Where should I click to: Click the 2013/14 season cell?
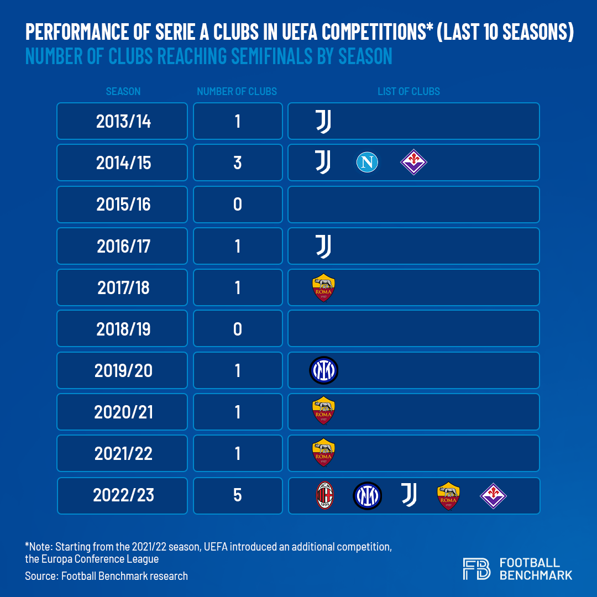pyautogui.click(x=123, y=121)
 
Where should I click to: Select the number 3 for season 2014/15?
pyautogui.click(x=238, y=163)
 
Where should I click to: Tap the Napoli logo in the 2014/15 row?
pyautogui.click(x=367, y=163)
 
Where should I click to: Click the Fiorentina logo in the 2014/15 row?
pyautogui.click(x=413, y=163)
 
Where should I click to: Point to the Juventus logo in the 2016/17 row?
pyautogui.click(x=323, y=246)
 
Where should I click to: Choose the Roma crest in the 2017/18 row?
pyautogui.click(x=323, y=288)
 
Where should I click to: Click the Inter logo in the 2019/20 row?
pyautogui.click(x=323, y=370)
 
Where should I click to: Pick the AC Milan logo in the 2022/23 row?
pyautogui.click(x=324, y=495)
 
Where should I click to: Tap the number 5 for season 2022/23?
pyautogui.click(x=238, y=495)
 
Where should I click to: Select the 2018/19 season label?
pyautogui.click(x=123, y=329)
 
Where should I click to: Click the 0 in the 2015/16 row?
pyautogui.click(x=238, y=205)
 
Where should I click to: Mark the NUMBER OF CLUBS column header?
pyautogui.click(x=237, y=91)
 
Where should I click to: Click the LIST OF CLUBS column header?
pyautogui.click(x=409, y=91)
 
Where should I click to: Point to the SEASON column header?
pyautogui.click(x=123, y=91)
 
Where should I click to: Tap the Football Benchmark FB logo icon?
pyautogui.click(x=476, y=569)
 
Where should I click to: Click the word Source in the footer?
pyautogui.click(x=41, y=576)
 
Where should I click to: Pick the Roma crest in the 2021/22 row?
pyautogui.click(x=323, y=453)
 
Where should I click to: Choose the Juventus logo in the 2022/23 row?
pyautogui.click(x=409, y=495)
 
